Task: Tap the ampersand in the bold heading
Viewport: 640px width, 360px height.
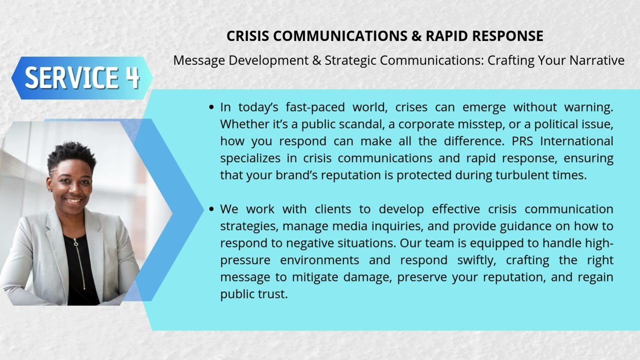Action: [416, 36]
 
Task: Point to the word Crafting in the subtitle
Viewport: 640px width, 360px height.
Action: [510, 60]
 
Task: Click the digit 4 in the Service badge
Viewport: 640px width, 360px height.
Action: [132, 78]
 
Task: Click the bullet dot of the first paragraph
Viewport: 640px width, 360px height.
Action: [211, 107]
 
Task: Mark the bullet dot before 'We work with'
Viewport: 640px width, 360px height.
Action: [211, 209]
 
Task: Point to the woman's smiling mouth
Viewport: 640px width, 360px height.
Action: [74, 200]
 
